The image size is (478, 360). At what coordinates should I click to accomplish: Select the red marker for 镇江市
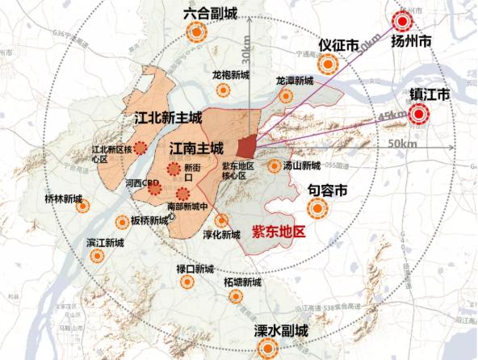pyautogui.click(x=418, y=115)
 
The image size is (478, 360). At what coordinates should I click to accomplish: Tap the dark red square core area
pyautogui.click(x=246, y=147)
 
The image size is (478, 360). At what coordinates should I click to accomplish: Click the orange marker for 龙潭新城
pyautogui.click(x=285, y=96)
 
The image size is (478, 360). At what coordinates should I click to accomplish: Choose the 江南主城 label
pyautogui.click(x=196, y=149)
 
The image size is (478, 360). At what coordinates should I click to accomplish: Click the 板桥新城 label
pyautogui.click(x=150, y=220)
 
